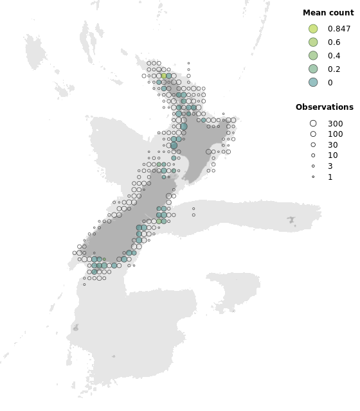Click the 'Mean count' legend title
click(328, 13)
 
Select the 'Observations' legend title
click(324, 107)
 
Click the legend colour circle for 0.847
click(313, 29)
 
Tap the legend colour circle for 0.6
click(313, 42)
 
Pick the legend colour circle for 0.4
click(313, 56)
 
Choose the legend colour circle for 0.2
click(313, 69)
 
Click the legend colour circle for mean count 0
click(313, 82)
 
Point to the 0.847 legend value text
click(339, 29)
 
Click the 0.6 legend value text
click(334, 42)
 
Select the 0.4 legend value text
click(334, 56)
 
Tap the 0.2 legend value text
click(334, 69)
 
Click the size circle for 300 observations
click(313, 123)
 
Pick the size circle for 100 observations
click(313, 134)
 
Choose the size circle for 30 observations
click(313, 145)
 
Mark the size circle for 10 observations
click(313, 155)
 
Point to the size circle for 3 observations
click(313, 166)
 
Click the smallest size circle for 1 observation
click(313, 177)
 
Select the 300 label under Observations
click(335, 123)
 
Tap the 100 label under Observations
click(335, 134)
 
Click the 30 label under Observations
click(332, 145)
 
